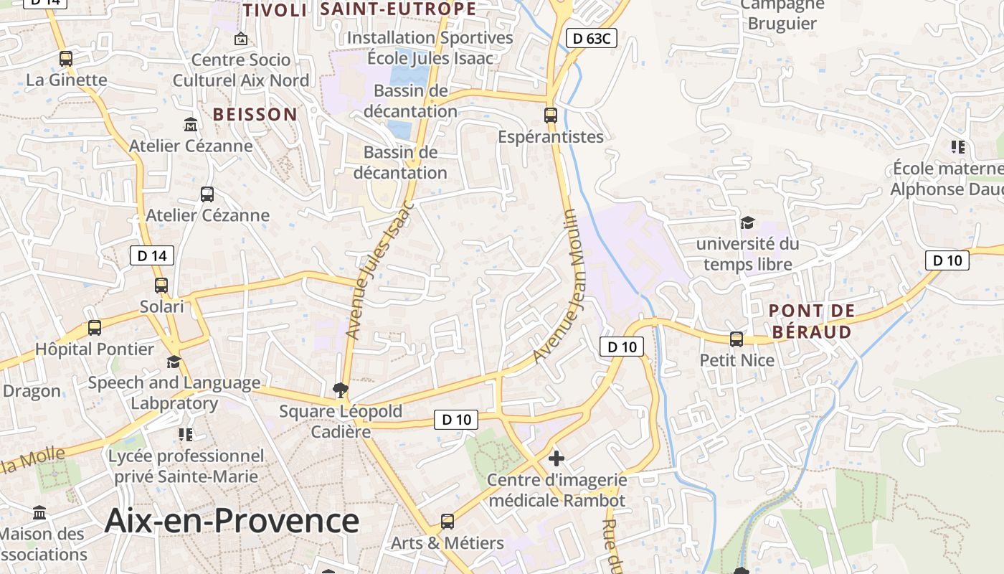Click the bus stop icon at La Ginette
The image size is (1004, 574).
tap(65, 59)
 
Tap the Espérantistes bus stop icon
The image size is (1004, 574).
tap(550, 115)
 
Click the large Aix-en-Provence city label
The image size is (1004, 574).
tap(232, 520)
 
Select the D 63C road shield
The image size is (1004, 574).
tap(591, 39)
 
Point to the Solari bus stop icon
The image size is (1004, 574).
tap(161, 286)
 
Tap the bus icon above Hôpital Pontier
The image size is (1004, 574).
tap(94, 328)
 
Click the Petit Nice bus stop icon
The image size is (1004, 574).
tap(737, 339)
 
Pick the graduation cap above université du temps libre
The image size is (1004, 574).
tap(747, 223)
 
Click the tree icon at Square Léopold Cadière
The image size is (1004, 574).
tap(341, 390)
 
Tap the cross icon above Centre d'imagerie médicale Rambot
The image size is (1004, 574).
tap(556, 458)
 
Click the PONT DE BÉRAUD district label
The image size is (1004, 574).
tap(812, 321)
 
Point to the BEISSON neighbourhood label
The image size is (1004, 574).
tap(255, 114)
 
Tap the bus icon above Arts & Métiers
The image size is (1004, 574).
tap(447, 522)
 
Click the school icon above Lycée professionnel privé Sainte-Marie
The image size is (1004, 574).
tap(186, 435)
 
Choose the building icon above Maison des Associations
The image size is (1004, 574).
tap(39, 513)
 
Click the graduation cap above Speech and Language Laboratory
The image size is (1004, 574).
tap(174, 362)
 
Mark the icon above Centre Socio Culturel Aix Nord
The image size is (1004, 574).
tap(241, 39)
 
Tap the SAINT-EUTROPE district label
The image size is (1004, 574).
tap(398, 9)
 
